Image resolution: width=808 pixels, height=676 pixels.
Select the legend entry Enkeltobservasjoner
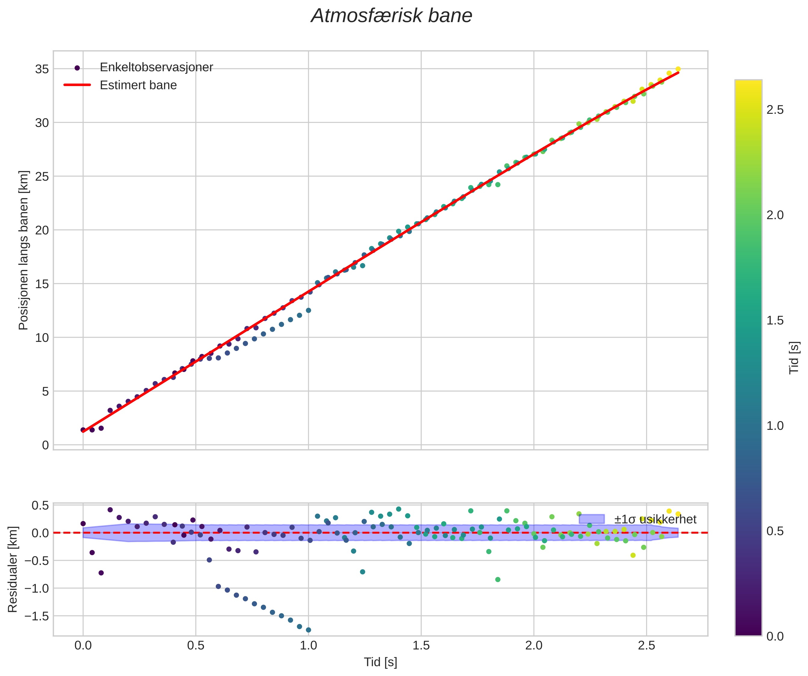[x=156, y=67]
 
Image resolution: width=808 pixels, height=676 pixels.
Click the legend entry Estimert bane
[x=138, y=85]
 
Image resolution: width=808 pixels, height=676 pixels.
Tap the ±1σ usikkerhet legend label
[x=655, y=519]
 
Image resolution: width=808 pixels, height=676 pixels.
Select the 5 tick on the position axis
[x=45, y=392]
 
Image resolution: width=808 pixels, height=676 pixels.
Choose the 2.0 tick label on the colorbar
[x=775, y=216]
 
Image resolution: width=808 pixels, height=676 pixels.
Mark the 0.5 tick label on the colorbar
[x=775, y=531]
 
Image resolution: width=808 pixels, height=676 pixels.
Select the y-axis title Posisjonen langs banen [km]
[x=24, y=250]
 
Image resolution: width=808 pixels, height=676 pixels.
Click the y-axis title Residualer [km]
[x=13, y=569]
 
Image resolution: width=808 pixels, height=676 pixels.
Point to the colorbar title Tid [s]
[x=794, y=358]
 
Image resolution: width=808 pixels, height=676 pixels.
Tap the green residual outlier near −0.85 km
[x=497, y=579]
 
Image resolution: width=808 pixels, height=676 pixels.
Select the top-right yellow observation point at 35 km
[x=678, y=69]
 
